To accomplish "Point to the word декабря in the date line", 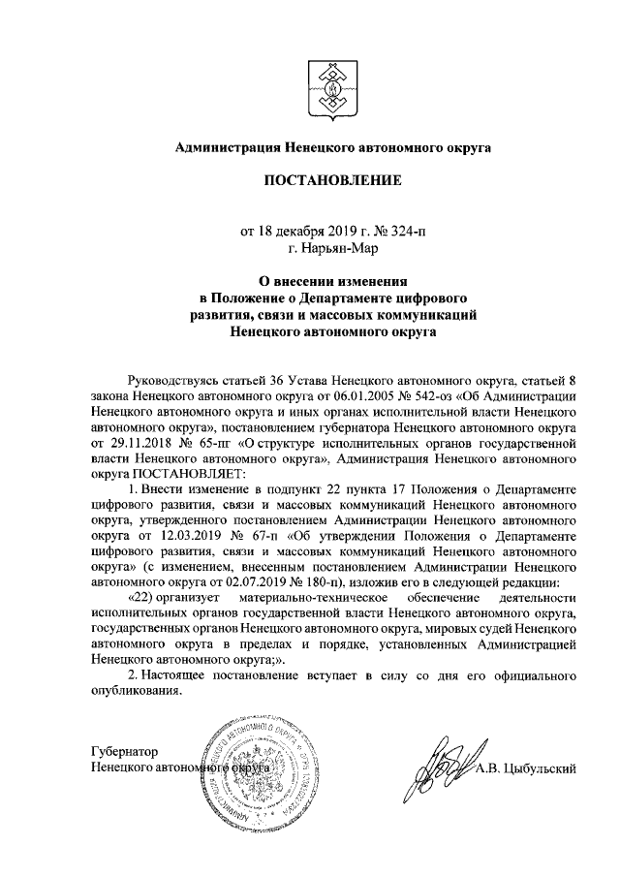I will point(305,231).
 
